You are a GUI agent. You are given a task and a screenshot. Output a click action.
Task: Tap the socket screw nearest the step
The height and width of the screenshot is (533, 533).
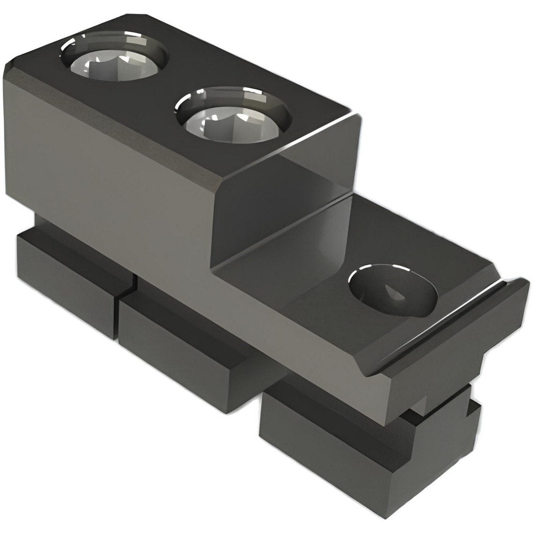(232, 116)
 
